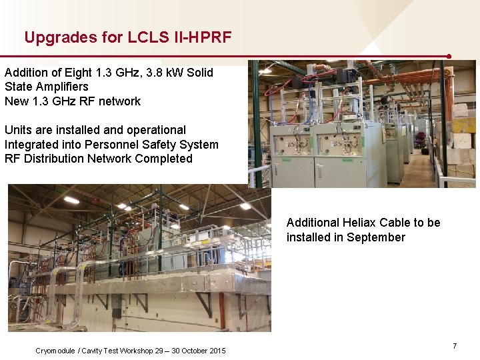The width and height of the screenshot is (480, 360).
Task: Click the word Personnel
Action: pyautogui.click(x=114, y=145)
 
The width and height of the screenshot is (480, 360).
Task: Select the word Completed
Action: pyautogui.click(x=163, y=159)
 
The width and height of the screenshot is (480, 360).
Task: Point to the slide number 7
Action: pyautogui.click(x=455, y=346)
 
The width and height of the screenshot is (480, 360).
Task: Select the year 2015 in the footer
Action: pyautogui.click(x=216, y=351)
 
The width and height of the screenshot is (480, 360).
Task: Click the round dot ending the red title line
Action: pyautogui.click(x=449, y=57)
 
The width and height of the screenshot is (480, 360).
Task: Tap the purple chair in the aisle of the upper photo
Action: pyautogui.click(x=420, y=141)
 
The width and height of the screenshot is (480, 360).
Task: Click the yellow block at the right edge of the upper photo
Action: pyautogui.click(x=464, y=125)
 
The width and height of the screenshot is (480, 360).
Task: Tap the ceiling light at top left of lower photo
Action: pyautogui.click(x=71, y=200)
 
